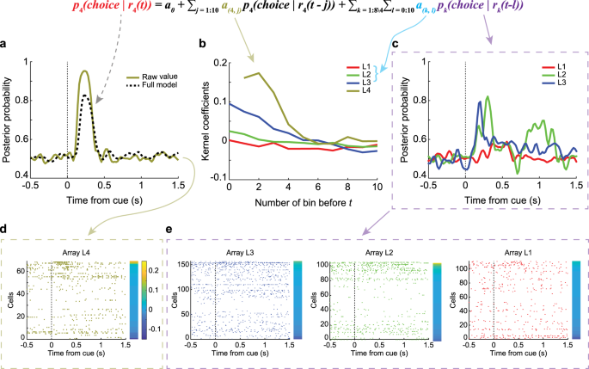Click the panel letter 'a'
point(5,46)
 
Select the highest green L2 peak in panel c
point(489,97)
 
